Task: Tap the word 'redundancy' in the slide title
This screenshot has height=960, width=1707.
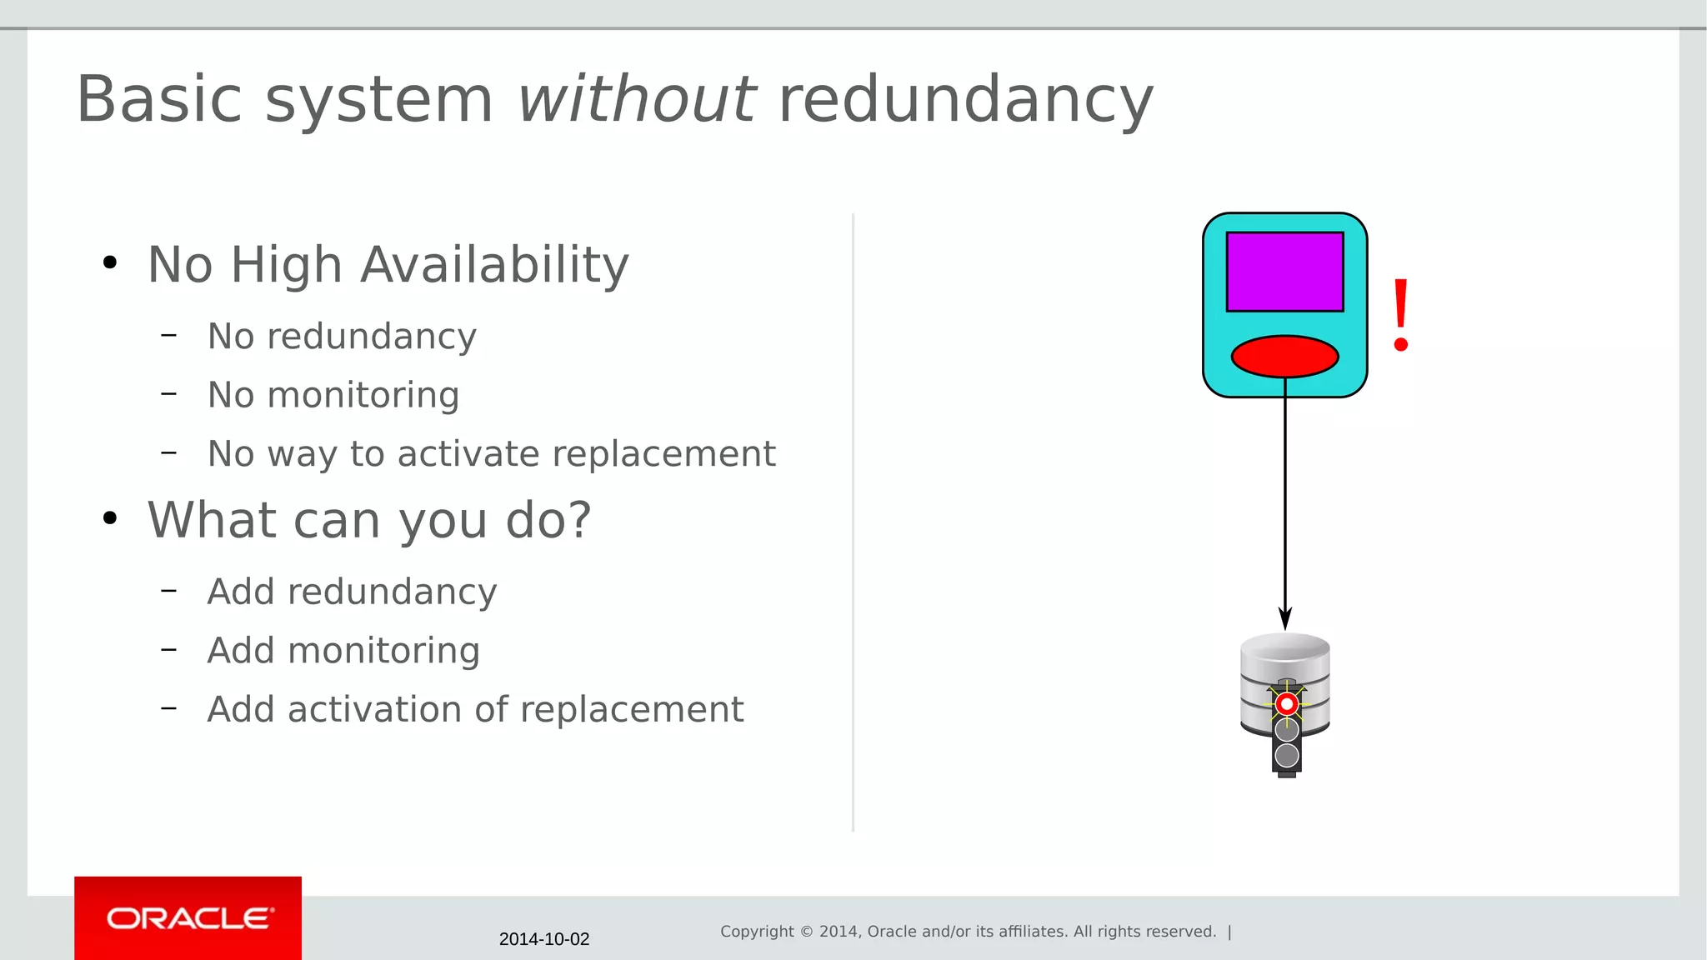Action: tap(965, 100)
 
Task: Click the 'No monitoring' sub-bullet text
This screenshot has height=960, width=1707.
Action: tap(333, 395)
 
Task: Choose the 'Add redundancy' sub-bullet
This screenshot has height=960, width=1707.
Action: tap(352, 592)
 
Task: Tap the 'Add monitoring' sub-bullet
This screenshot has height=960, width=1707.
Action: tap(343, 651)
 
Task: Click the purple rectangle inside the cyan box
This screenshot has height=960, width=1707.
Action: tap(1284, 272)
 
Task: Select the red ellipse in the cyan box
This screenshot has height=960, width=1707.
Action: tap(1284, 357)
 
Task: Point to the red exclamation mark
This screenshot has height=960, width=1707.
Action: tap(1400, 315)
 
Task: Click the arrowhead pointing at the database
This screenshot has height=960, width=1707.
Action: tap(1285, 618)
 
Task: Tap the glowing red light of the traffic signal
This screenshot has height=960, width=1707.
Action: tap(1287, 704)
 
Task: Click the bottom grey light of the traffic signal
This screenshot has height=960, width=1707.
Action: tap(1287, 755)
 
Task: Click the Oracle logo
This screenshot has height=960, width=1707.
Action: tap(188, 918)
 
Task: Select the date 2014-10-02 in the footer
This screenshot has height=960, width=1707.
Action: tap(543, 939)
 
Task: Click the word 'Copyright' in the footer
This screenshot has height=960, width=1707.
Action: tap(757, 932)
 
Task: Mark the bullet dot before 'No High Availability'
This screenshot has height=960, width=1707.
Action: tap(110, 263)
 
